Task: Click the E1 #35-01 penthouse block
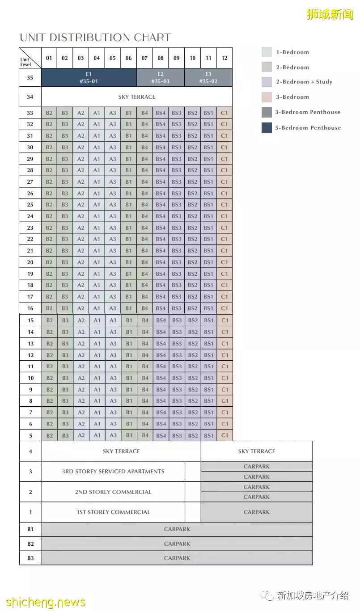click(x=89, y=77)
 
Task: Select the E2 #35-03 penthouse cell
click(x=161, y=77)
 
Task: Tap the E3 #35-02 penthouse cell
click(x=208, y=77)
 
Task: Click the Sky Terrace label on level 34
click(x=137, y=97)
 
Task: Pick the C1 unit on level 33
click(x=224, y=113)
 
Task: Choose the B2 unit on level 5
click(x=49, y=435)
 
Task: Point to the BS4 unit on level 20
click(x=161, y=262)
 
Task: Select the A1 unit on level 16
click(x=97, y=308)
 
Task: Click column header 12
click(x=224, y=58)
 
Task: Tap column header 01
click(x=49, y=58)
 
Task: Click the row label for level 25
click(x=30, y=205)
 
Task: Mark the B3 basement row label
click(x=30, y=558)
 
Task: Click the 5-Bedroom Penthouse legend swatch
click(x=267, y=128)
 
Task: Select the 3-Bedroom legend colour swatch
click(x=267, y=97)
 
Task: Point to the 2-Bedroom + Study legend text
click(x=304, y=82)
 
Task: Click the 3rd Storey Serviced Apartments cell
click(x=113, y=472)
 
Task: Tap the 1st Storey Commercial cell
click(x=113, y=512)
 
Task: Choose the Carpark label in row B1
click(x=177, y=529)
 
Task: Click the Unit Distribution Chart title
click(x=95, y=38)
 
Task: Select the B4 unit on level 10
click(x=145, y=378)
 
